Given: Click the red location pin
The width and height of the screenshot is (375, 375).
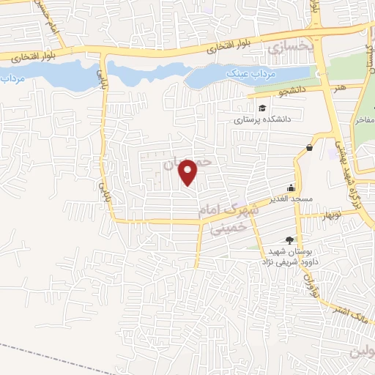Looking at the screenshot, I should [x=189, y=171].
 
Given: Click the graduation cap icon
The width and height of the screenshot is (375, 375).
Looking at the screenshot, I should [x=241, y=109].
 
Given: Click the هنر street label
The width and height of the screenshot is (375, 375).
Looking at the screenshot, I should [x=338, y=87].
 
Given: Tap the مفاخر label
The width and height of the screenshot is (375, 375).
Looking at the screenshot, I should [x=364, y=122].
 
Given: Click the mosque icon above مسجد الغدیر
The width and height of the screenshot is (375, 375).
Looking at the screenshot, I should [x=291, y=187].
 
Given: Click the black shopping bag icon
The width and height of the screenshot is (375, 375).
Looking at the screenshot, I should [x=309, y=147].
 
